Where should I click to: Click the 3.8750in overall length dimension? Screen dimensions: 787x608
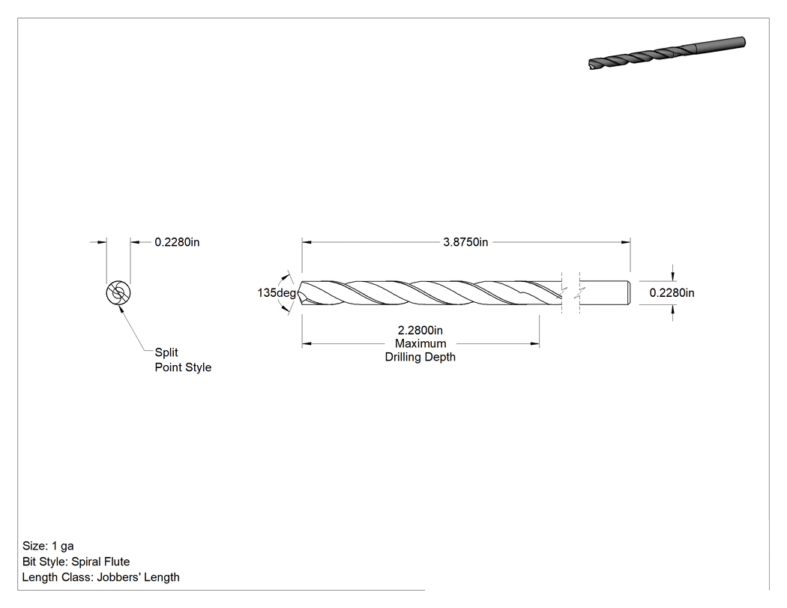click(x=465, y=242)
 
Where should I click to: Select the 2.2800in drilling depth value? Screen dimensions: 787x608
click(x=420, y=331)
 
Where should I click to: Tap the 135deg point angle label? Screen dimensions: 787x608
click(x=277, y=292)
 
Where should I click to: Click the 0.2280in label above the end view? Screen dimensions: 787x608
click(x=177, y=242)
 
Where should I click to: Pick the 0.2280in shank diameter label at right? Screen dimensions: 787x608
click(x=672, y=292)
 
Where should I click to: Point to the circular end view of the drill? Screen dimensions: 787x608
click(x=118, y=293)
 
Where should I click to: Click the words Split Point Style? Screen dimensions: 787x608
click(x=183, y=360)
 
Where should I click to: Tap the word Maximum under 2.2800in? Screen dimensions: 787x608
click(x=420, y=343)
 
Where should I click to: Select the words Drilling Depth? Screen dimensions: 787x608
click(x=420, y=357)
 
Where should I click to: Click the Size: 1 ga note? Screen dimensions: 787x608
click(x=48, y=546)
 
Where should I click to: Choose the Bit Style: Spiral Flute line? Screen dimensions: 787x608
click(x=76, y=562)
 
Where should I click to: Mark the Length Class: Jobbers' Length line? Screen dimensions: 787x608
click(x=101, y=577)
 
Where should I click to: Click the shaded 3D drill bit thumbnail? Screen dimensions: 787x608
click(x=666, y=52)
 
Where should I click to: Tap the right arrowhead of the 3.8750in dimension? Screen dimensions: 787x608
click(x=626, y=242)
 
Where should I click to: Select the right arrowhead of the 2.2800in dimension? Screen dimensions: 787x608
click(x=534, y=344)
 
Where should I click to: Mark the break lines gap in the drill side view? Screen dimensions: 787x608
click(x=570, y=292)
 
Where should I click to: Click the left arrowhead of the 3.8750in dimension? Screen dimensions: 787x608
click(x=307, y=242)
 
